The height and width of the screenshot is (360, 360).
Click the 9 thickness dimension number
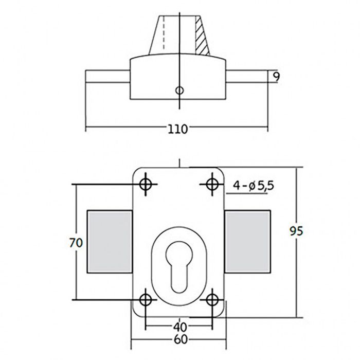pyautogui.click(x=276, y=77)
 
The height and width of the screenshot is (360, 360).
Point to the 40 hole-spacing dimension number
pyautogui.click(x=179, y=326)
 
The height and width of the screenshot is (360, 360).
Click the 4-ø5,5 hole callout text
pyautogui.click(x=253, y=185)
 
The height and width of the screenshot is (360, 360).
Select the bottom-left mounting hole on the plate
pyautogui.click(x=147, y=299)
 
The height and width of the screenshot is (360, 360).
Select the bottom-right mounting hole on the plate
pyautogui.click(x=212, y=299)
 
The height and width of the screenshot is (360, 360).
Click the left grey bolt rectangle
pyautogui.click(x=109, y=242)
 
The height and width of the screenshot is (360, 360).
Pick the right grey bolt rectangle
pyautogui.click(x=247, y=242)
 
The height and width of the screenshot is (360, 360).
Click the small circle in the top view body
pyautogui.click(x=179, y=90)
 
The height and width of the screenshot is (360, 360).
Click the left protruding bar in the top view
pyautogui.click(x=107, y=77)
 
